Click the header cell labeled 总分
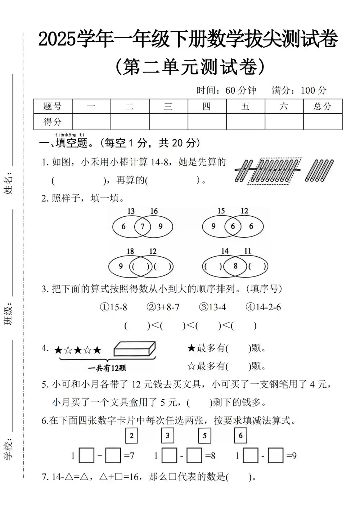point(323,106)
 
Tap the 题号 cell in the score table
point(53,106)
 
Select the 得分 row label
point(53,122)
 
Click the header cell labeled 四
point(207,106)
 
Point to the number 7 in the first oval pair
point(143,226)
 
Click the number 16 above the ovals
point(154,211)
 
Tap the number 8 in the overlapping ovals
point(235,266)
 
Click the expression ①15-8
point(113,307)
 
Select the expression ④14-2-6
point(263,307)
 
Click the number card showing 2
point(132,436)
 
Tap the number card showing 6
point(240,436)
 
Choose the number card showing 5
point(204,436)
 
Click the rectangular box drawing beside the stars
point(135,349)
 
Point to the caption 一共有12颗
point(107,368)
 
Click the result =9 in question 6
point(291,456)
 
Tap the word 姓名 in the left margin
point(9,183)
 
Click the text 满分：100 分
point(299,90)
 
